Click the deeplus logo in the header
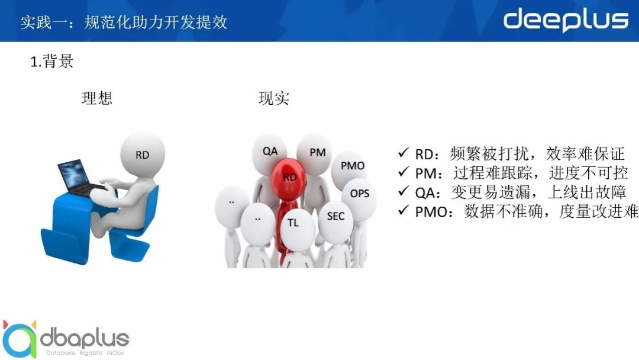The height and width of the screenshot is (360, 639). click(566, 20)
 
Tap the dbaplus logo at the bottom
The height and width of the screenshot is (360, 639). click(66, 339)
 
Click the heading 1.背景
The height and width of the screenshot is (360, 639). click(51, 61)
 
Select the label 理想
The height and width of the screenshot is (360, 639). click(97, 98)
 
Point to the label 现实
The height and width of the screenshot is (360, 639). click(274, 98)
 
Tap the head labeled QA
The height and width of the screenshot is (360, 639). click(269, 154)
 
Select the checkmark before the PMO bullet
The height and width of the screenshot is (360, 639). click(403, 210)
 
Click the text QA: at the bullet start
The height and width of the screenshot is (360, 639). click(428, 192)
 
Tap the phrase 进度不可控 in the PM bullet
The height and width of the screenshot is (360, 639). click(588, 173)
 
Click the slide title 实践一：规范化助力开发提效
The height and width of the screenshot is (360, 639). click(124, 22)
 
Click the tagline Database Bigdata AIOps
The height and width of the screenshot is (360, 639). click(85, 353)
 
